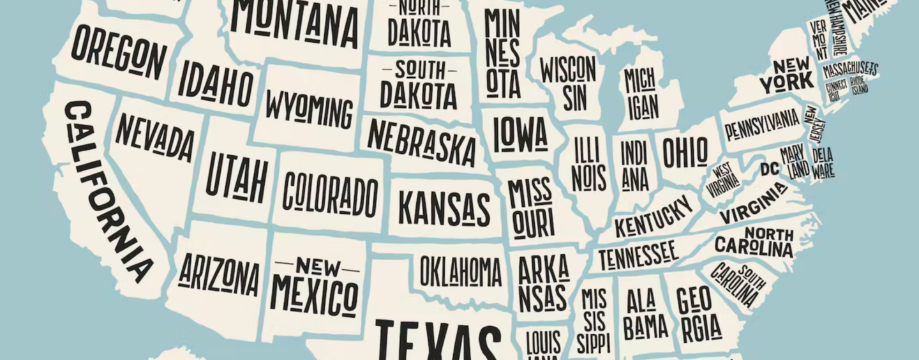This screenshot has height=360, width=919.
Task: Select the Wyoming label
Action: click(309, 109)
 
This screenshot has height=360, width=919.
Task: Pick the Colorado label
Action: click(331, 193)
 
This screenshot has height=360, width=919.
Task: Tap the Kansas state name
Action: click(444, 208)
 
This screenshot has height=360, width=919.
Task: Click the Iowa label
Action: click(520, 133)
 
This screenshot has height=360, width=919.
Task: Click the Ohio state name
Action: click(685, 152)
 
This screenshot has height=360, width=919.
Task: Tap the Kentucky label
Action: click(654, 216)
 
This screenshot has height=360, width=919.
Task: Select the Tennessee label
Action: click(638, 255)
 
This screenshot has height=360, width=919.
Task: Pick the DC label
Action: click(769, 169)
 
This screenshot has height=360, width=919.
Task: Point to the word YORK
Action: click(786, 82)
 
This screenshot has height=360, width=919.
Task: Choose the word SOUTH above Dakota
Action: click(419, 68)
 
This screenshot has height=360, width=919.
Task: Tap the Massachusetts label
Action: click(850, 69)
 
